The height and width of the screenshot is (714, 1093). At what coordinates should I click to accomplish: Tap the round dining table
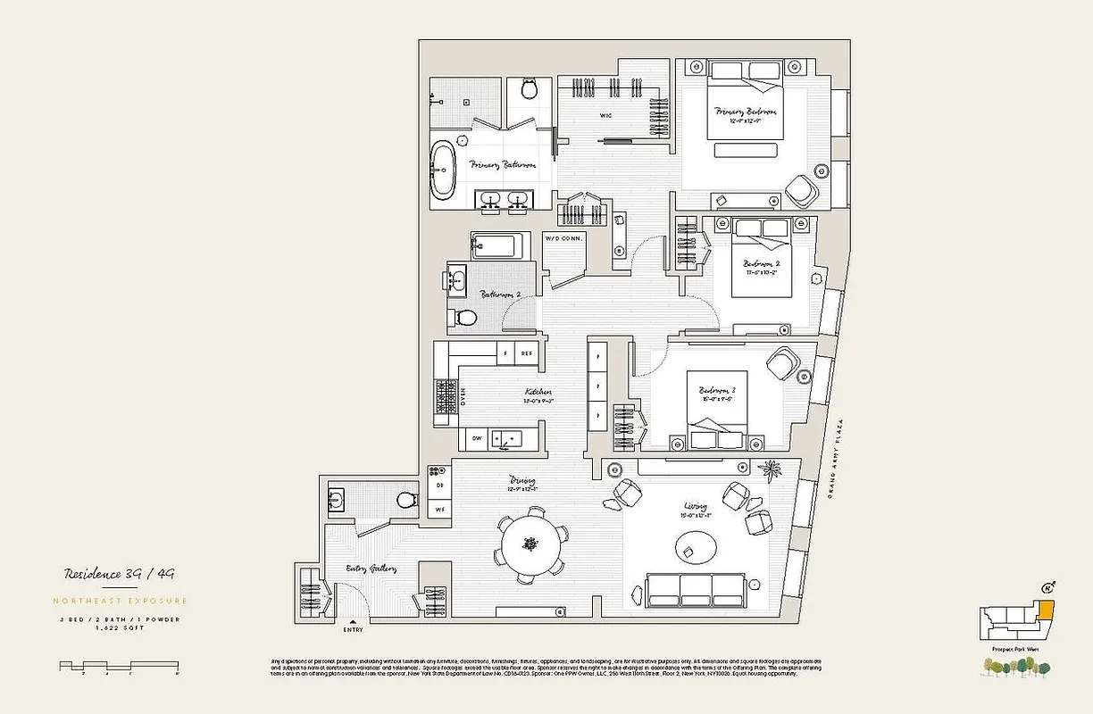(x=532, y=544)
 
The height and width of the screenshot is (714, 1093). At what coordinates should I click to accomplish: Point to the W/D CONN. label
(x=563, y=238)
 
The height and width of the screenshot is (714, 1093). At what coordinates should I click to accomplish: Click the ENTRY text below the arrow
(x=354, y=629)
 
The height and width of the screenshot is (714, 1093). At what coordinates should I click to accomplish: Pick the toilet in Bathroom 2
(x=466, y=318)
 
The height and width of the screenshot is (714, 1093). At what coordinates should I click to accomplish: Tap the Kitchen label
(x=538, y=392)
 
